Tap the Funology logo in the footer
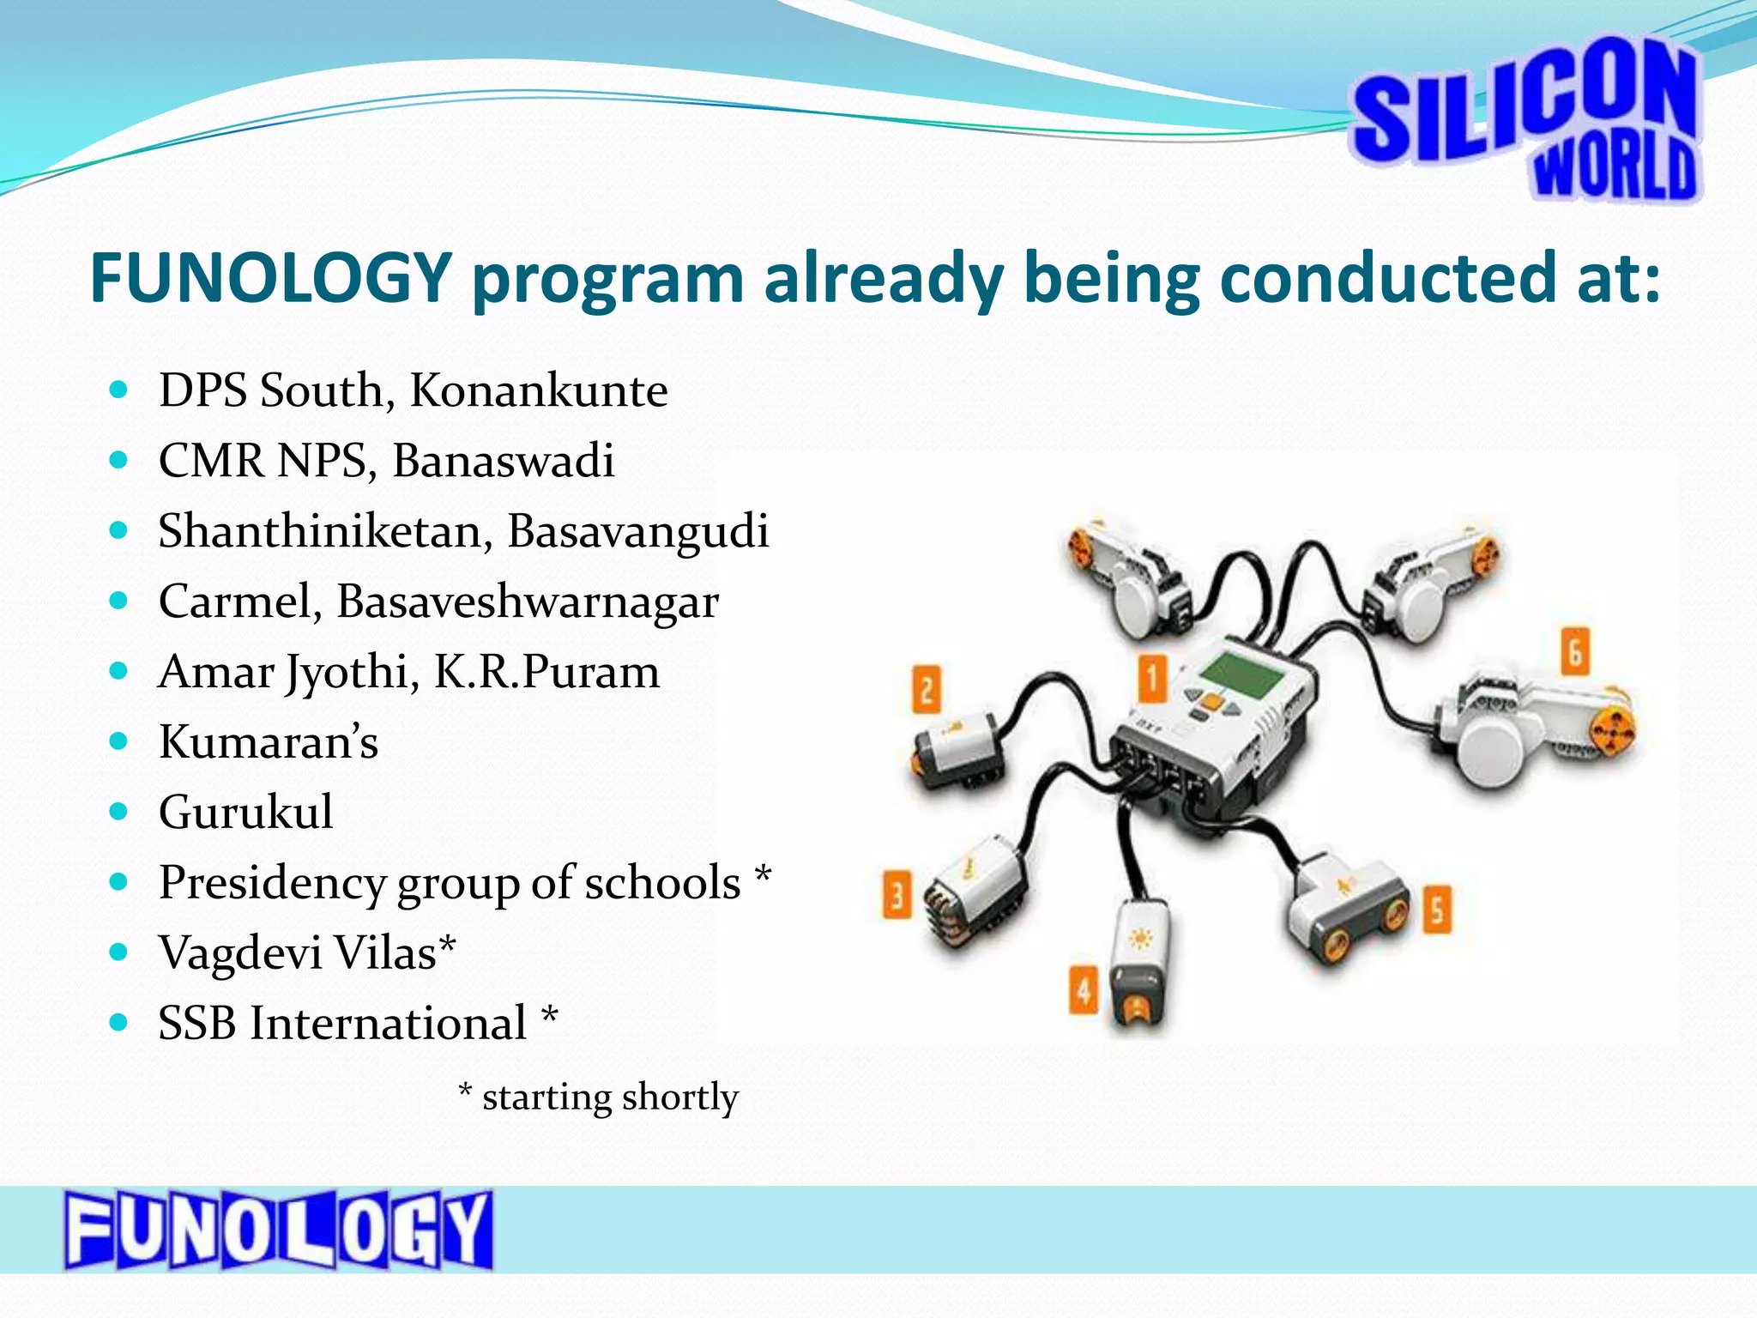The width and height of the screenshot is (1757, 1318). coord(278,1230)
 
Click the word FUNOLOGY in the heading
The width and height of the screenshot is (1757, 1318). coord(271,279)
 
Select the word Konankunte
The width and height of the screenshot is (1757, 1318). coord(538,390)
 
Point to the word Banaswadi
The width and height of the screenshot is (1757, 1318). coord(504,461)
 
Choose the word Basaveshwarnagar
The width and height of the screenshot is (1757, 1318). coord(527,602)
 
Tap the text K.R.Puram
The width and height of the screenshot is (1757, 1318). coord(546,672)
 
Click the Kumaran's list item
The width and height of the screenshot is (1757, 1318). coord(269,742)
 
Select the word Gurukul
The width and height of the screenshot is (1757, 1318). coord(246,813)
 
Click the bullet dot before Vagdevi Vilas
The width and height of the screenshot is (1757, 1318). coord(119,952)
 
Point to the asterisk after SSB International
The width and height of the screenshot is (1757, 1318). coord(550,1018)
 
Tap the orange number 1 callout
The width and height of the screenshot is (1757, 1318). coord(1152,680)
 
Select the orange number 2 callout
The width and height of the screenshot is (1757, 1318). coord(926,689)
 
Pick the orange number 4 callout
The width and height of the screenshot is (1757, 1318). coord(1084,990)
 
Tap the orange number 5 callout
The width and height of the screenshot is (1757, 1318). coord(1438,910)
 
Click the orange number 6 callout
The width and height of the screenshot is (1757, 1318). coord(1575,651)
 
